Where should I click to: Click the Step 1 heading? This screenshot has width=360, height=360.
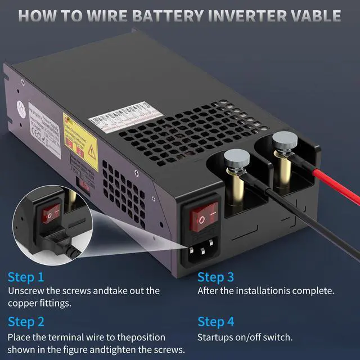click(x=25, y=277)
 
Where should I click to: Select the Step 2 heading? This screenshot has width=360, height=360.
click(x=26, y=322)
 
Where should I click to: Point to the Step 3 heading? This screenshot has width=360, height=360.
click(x=215, y=277)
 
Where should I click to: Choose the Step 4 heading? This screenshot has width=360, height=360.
click(x=215, y=322)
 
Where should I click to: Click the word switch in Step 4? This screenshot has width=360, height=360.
click(x=277, y=337)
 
